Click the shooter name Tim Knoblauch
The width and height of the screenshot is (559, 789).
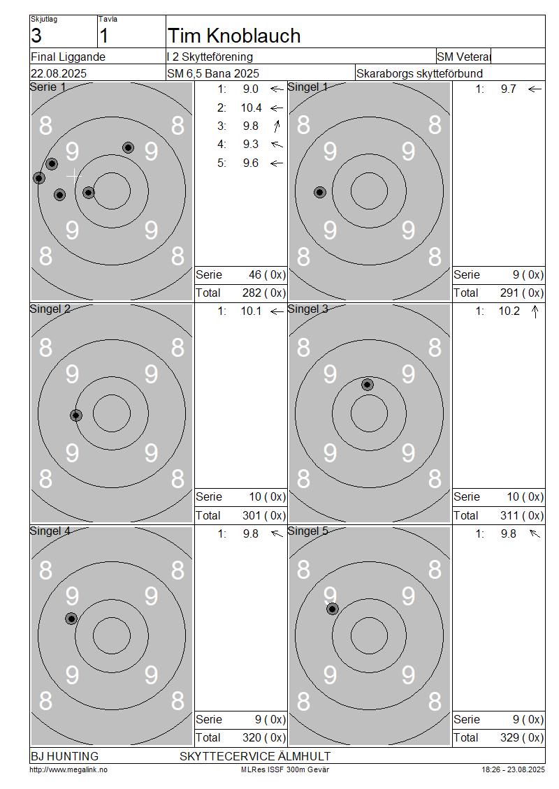[234, 36]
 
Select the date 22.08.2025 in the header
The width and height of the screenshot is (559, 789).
[59, 73]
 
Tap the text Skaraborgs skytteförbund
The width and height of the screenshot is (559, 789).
[419, 73]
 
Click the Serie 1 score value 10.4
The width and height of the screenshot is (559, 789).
[252, 108]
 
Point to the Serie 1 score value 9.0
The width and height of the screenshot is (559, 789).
[251, 89]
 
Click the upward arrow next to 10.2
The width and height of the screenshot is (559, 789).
[535, 311]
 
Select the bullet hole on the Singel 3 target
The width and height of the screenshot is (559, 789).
[368, 385]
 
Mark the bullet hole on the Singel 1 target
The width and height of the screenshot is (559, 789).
[320, 192]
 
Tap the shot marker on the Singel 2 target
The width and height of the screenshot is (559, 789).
[76, 415]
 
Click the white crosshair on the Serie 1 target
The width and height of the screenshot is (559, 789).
[74, 176]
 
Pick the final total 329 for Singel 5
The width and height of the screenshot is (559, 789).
[509, 737]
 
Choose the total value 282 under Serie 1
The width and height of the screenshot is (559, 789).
[252, 293]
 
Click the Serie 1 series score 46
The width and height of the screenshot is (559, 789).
[255, 274]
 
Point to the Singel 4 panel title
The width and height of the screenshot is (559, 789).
[50, 531]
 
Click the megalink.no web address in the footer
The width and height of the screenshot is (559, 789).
[68, 769]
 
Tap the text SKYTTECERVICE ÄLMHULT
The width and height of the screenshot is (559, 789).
[255, 756]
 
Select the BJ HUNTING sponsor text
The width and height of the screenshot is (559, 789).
[65, 756]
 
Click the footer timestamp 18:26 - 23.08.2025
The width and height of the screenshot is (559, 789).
[513, 769]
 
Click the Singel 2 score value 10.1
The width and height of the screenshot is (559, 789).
[252, 311]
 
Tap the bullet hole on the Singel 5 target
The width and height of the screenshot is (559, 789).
[333, 610]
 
